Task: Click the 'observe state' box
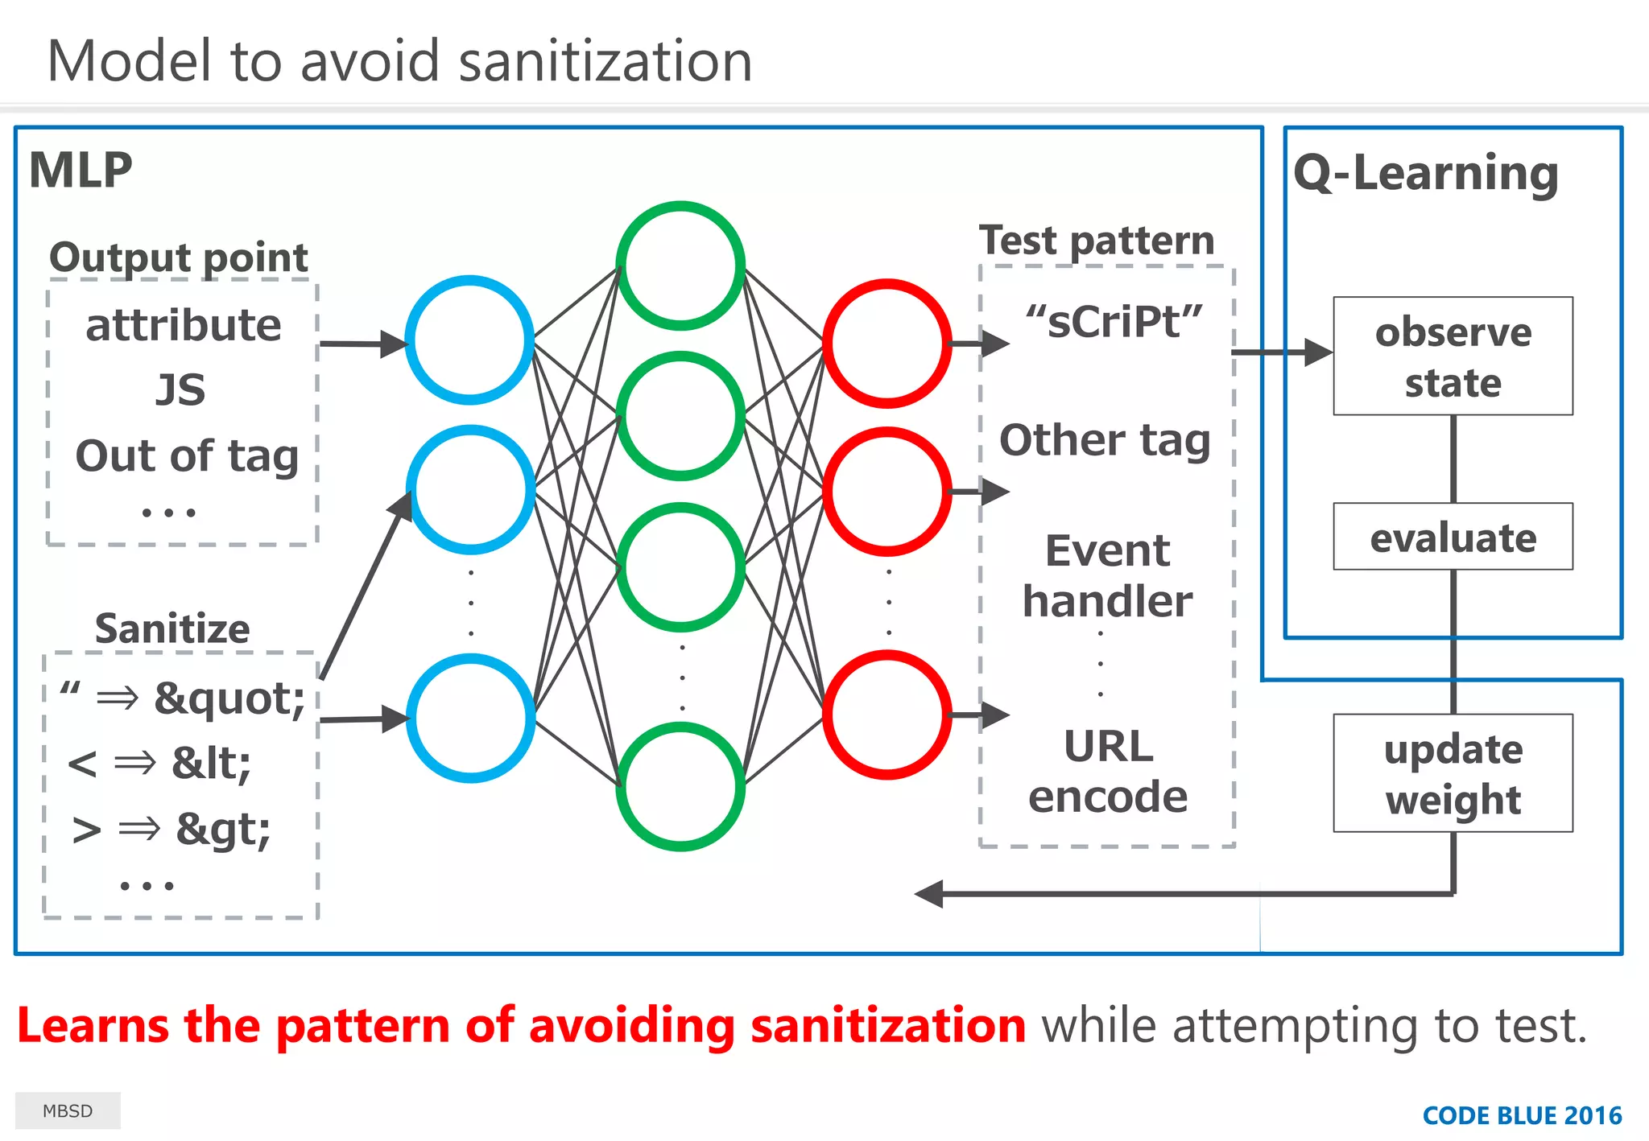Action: coord(1453,356)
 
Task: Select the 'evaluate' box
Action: coord(1453,537)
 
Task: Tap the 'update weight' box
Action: coord(1453,773)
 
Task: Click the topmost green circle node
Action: coord(680,266)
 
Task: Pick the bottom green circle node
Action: coord(680,786)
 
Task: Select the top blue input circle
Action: coord(469,340)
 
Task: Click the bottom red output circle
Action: coord(887,715)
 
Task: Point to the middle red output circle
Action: coord(887,491)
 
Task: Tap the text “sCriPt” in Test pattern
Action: coord(1114,322)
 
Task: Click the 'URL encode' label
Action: coord(1108,771)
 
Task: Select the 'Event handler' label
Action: coord(1108,575)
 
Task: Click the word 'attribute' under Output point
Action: coord(184,325)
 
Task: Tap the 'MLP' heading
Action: coord(81,171)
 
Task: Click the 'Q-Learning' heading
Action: coord(1426,173)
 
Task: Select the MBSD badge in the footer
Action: coord(68,1110)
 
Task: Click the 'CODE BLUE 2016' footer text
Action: coord(1522,1115)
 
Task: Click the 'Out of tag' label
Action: coord(187,455)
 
